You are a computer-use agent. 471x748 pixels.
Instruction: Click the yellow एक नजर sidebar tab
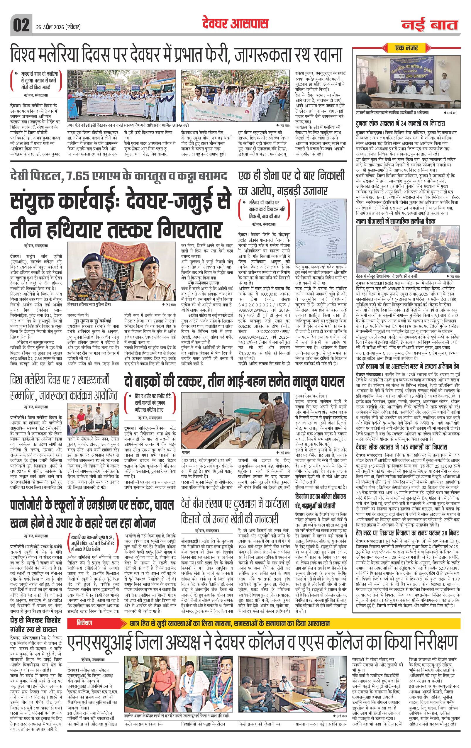(406, 48)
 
